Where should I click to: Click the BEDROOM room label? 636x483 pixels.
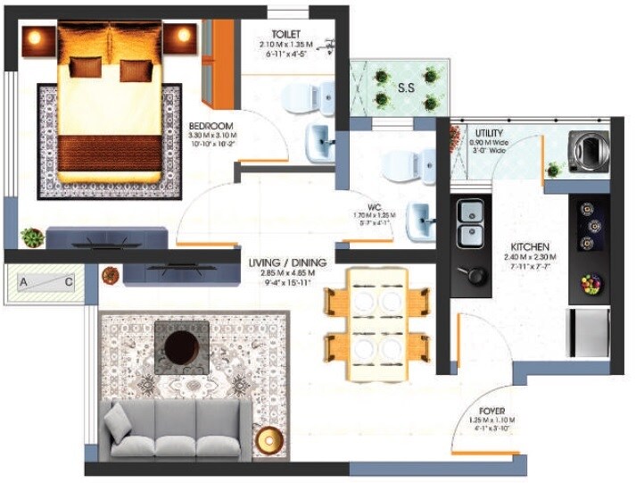[211, 125]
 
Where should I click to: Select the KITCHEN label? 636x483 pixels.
[529, 246]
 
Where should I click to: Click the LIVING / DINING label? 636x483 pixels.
[287, 262]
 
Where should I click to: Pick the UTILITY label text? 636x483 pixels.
[489, 133]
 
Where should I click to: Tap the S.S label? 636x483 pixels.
[406, 87]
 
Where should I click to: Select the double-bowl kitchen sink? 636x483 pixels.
[470, 223]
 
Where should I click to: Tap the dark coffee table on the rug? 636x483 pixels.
[182, 347]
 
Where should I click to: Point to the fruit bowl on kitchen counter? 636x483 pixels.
[591, 285]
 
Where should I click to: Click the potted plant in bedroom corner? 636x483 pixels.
[33, 237]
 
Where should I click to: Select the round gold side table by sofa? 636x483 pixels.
[268, 440]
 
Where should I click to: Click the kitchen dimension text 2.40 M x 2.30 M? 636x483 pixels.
[529, 258]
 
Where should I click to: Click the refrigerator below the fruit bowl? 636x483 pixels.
[590, 330]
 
